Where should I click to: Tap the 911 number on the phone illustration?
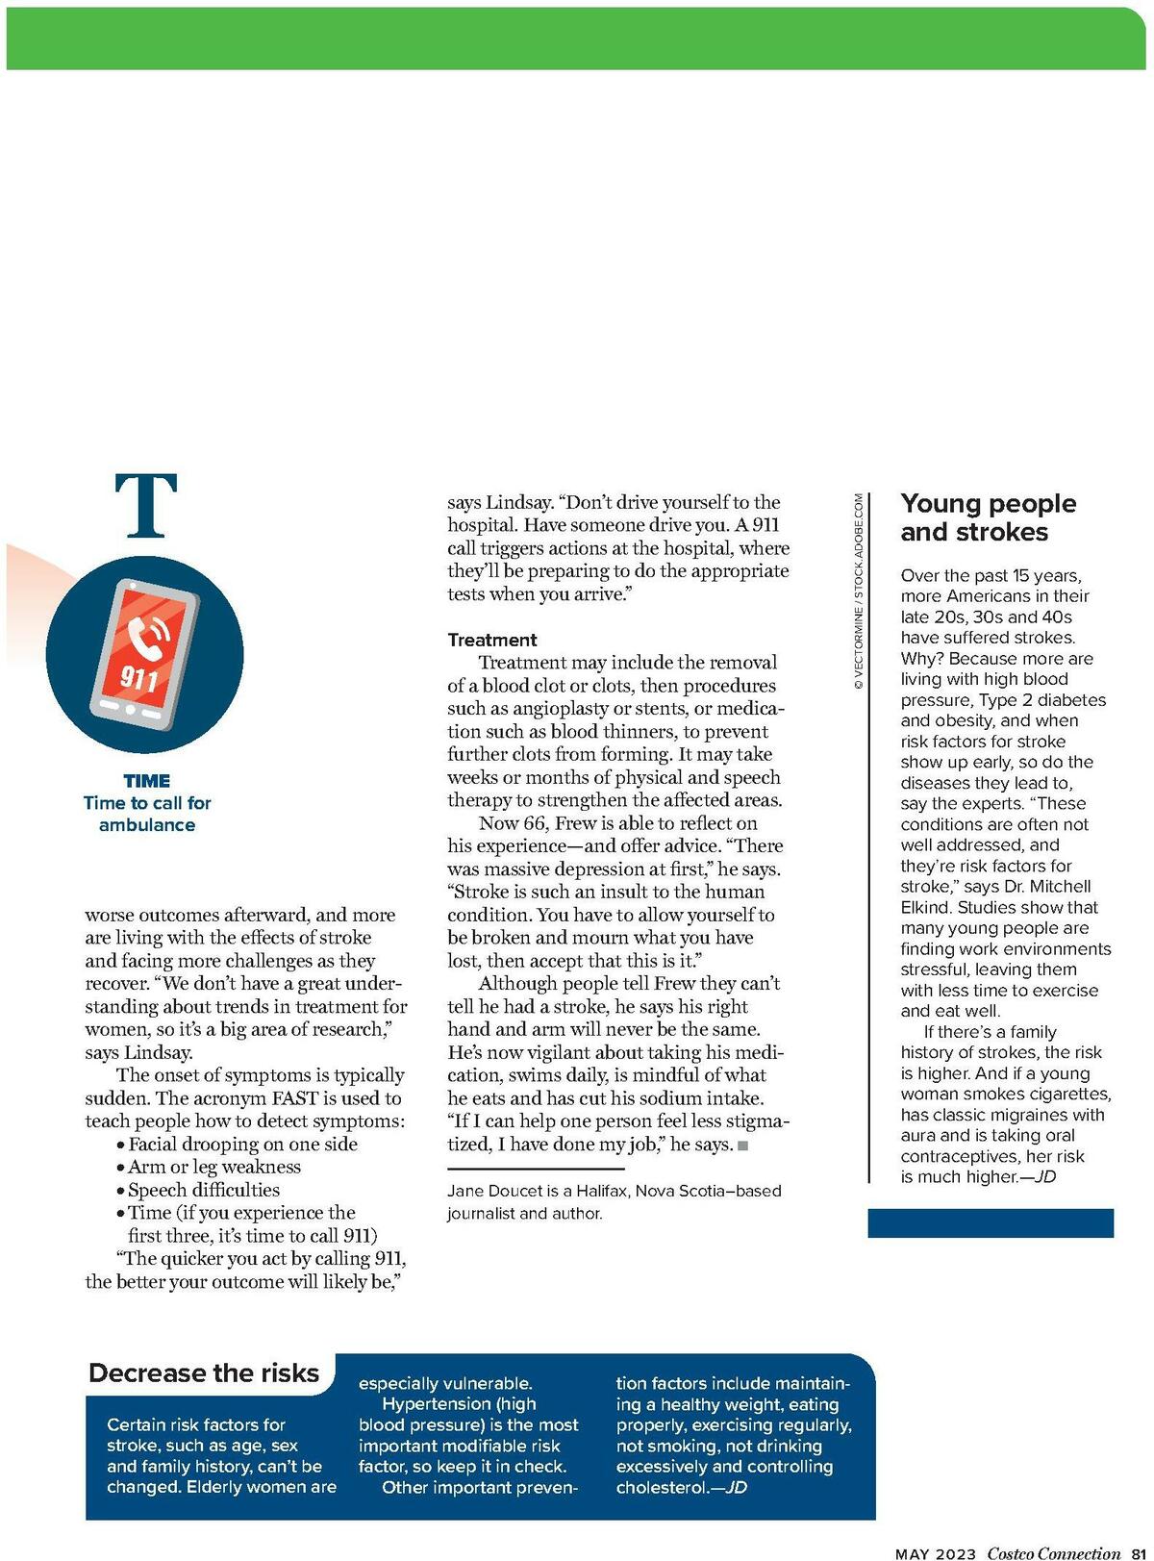(x=138, y=679)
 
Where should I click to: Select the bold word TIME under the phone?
(x=147, y=781)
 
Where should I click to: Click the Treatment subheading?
(x=491, y=640)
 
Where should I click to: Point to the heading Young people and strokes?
(x=988, y=517)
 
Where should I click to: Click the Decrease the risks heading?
(x=204, y=1372)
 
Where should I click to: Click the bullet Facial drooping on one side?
(x=242, y=1144)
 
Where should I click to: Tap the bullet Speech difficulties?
(x=204, y=1190)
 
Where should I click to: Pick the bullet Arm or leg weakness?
(x=214, y=1167)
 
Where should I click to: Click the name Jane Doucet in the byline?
(x=494, y=1191)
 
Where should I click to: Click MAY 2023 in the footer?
(x=935, y=1553)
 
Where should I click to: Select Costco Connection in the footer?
(x=1054, y=1553)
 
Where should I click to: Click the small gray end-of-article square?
(x=742, y=1146)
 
